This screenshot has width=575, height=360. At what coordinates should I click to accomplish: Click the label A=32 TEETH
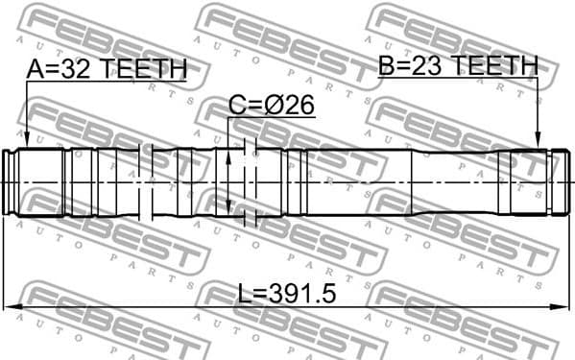pos(106,70)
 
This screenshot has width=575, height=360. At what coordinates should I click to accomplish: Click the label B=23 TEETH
pos(456,65)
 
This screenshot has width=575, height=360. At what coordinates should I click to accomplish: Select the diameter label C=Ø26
pos(272,105)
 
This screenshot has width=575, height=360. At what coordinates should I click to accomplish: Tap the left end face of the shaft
pos(6,181)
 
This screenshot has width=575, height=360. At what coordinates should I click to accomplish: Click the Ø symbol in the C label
pos(276,105)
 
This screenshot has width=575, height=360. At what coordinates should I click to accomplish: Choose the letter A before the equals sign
pos(36,70)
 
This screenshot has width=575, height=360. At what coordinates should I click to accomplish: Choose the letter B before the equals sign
pos(386,65)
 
